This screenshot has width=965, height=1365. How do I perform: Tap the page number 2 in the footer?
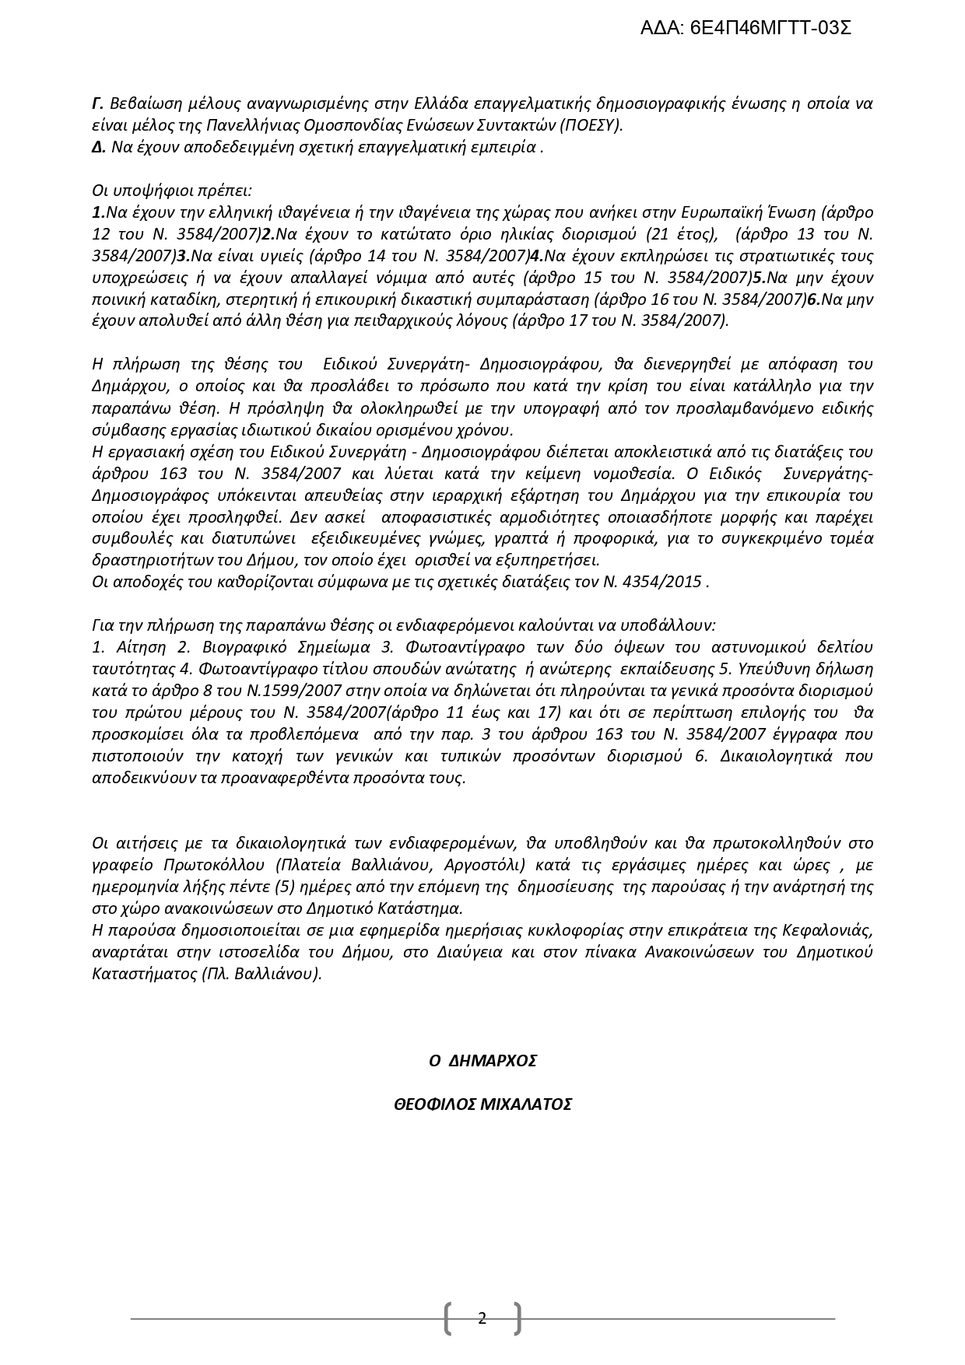(482, 1318)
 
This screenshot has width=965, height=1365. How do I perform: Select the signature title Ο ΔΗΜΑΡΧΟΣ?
(483, 1060)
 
